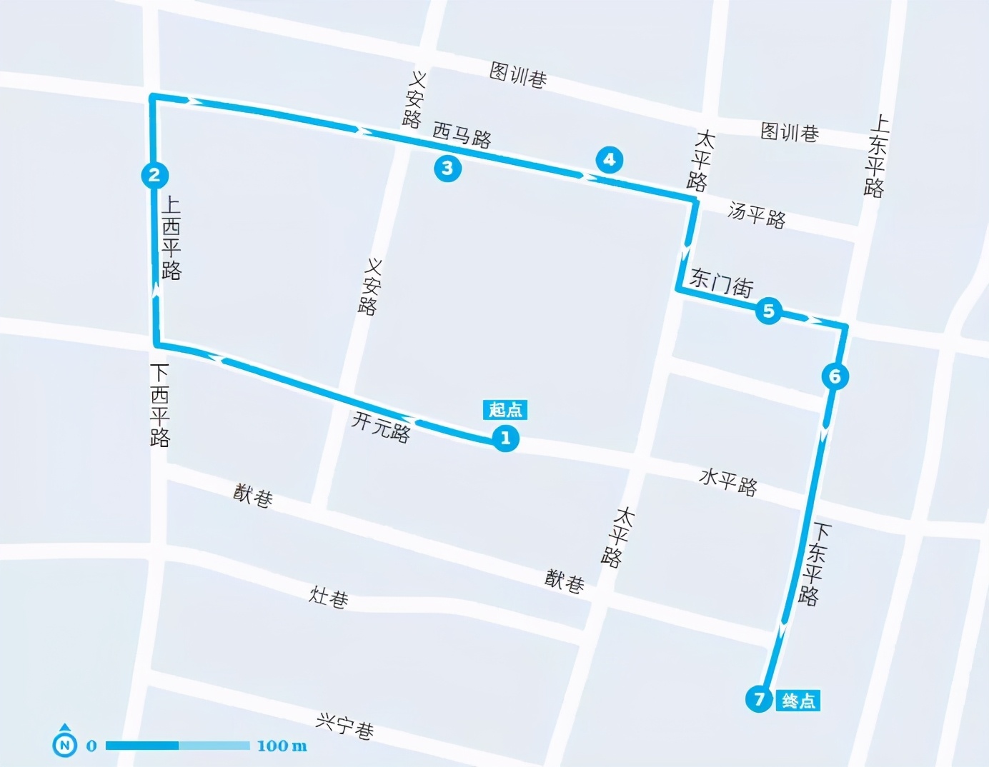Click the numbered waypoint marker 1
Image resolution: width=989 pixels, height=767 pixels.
click(505, 438)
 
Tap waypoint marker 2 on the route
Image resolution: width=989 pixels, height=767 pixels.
click(154, 175)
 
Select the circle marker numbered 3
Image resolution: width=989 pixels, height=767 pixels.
click(447, 168)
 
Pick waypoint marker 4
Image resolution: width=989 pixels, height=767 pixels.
click(609, 159)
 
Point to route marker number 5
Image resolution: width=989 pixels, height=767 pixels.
click(769, 311)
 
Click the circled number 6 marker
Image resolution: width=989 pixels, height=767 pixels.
click(835, 376)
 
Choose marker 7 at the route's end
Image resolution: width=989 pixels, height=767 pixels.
click(759, 698)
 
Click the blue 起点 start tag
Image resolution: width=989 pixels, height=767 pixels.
click(505, 409)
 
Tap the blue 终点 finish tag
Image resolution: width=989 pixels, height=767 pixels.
click(798, 701)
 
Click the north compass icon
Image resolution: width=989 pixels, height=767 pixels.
click(65, 743)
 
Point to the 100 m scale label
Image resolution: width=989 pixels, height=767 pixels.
click(282, 746)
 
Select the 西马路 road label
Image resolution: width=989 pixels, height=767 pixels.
click(462, 135)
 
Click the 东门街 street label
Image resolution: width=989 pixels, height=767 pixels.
click(721, 284)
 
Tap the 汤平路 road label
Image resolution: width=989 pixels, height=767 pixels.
click(757, 215)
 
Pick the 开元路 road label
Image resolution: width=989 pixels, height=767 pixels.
click(381, 427)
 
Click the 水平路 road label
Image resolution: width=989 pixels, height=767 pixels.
click(727, 482)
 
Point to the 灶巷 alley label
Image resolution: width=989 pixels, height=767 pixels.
click(329, 596)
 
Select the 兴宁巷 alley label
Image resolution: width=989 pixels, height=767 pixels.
click(344, 726)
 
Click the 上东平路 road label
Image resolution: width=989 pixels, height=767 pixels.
click(875, 156)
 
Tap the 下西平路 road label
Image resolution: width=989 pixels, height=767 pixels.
click(159, 405)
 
